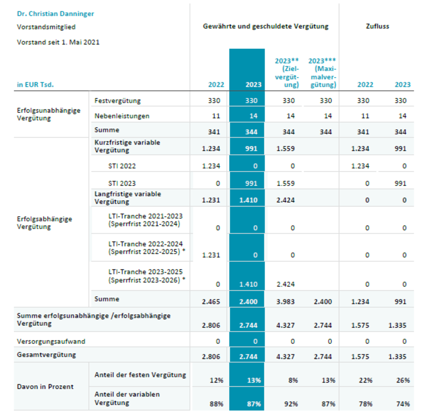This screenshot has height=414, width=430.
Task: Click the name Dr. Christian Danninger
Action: click(55, 14)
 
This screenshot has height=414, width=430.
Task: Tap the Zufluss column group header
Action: click(377, 26)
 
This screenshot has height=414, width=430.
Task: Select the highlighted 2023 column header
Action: click(253, 85)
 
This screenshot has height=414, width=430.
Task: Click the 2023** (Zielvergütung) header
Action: click(287, 73)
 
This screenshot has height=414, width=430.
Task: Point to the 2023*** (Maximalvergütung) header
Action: click(322, 73)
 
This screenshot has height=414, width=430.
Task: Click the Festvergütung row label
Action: click(117, 101)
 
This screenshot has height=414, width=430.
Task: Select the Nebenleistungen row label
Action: click(122, 116)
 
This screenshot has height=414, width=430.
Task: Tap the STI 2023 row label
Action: click(122, 183)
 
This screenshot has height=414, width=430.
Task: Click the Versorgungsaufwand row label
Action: click(51, 341)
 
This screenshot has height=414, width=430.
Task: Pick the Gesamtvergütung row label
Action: click(46, 355)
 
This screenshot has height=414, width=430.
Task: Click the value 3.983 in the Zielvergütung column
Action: click(285, 302)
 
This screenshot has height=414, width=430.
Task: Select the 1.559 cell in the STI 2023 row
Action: click(285, 183)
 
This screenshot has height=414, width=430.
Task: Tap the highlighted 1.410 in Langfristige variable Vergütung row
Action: click(248, 200)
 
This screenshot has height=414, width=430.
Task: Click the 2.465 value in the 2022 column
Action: click(211, 302)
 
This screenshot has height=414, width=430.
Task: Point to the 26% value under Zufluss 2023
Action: click(403, 380)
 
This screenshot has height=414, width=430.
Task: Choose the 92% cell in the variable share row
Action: click(291, 404)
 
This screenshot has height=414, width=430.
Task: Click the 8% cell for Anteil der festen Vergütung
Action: click(293, 380)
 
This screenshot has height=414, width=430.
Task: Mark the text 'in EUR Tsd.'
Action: click(36, 85)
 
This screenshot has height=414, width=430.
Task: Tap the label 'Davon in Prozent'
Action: click(45, 387)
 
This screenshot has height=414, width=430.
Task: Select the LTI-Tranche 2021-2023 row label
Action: click(145, 220)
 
